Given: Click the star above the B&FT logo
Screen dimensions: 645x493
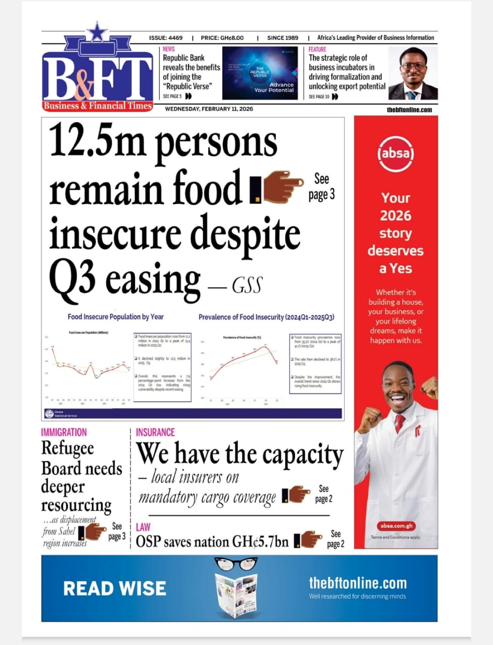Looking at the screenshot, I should pos(97,32).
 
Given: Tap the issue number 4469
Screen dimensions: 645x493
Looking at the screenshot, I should pos(175,38).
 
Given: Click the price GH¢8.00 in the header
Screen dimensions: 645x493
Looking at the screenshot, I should pos(231,38).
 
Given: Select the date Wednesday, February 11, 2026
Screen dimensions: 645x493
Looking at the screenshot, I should pos(209,109).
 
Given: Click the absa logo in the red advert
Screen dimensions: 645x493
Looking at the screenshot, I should pos(396,152).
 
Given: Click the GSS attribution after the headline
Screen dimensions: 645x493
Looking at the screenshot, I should pos(247,286).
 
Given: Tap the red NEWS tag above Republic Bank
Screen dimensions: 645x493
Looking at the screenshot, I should pos(168,49).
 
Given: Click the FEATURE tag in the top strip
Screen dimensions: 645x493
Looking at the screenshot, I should pos(318,49).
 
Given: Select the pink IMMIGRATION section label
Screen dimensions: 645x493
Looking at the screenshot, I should pos(64,432).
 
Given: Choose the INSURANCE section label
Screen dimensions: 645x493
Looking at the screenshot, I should pos(155,432).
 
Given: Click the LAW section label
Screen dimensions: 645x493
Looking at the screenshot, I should pos(143,527).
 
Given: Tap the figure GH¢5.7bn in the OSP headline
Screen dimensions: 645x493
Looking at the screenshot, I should pos(260,542).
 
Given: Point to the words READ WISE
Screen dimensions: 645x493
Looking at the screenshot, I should pos(114,588).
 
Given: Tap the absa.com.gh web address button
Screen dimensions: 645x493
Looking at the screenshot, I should pos(396,526).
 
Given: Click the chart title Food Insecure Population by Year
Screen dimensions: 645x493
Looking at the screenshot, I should pos(115,316).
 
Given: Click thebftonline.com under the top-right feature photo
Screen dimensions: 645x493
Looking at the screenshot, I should pos(409,109).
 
